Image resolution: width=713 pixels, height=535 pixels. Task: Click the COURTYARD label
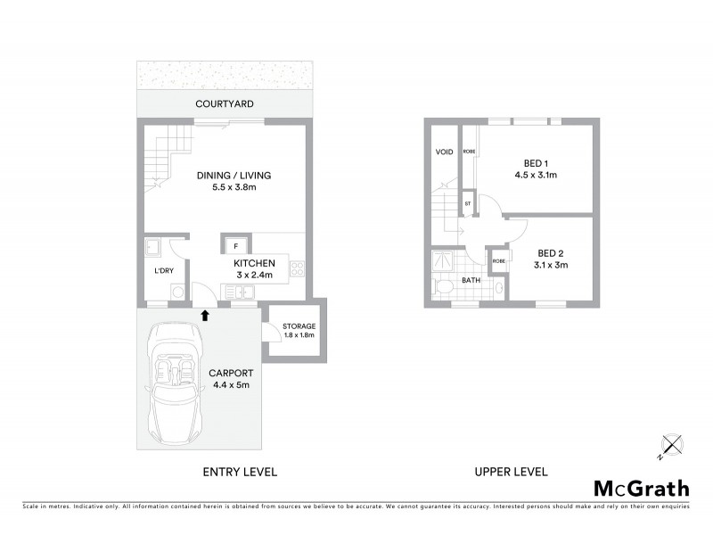(225, 104)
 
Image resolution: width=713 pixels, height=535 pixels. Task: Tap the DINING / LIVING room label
(234, 176)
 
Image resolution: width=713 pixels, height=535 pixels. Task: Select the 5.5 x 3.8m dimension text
(234, 189)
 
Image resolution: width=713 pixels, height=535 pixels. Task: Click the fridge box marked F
(235, 244)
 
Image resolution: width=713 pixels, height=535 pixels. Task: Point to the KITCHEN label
(254, 264)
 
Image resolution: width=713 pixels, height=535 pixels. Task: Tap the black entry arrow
(205, 315)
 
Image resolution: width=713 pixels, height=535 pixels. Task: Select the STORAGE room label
(299, 326)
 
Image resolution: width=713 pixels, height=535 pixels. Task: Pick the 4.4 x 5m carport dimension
(231, 385)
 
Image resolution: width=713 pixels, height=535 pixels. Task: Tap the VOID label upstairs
(444, 152)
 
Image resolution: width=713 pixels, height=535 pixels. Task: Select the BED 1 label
(535, 162)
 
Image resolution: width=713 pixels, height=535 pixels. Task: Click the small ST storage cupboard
(468, 204)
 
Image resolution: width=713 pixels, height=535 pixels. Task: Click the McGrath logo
(641, 488)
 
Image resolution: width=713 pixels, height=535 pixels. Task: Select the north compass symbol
(669, 444)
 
